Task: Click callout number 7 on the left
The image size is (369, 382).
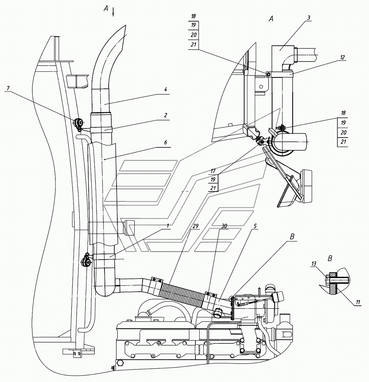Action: (9, 88)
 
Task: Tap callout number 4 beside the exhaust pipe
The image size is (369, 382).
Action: (165, 90)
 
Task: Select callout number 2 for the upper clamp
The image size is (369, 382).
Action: (165, 115)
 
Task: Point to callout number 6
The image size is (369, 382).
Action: (165, 142)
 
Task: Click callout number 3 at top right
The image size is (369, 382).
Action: (308, 18)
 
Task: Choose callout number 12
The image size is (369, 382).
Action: (342, 57)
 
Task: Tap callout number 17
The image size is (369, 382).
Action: (213, 171)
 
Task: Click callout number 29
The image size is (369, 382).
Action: (195, 226)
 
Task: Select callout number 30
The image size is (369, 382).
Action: (224, 226)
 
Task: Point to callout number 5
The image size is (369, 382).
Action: (255, 226)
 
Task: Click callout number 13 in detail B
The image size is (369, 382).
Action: (314, 264)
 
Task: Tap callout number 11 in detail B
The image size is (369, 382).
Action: (358, 302)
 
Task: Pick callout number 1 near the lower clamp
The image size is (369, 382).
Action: (168, 226)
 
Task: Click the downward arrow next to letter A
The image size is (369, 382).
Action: (113, 12)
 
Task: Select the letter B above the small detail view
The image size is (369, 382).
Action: (330, 258)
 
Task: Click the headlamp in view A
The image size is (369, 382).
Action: (306, 186)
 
